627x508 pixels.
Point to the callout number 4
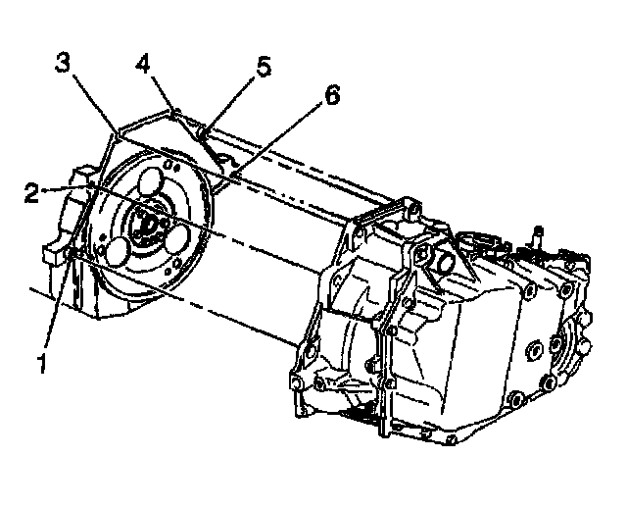144,66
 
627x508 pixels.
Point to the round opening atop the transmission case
443,263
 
